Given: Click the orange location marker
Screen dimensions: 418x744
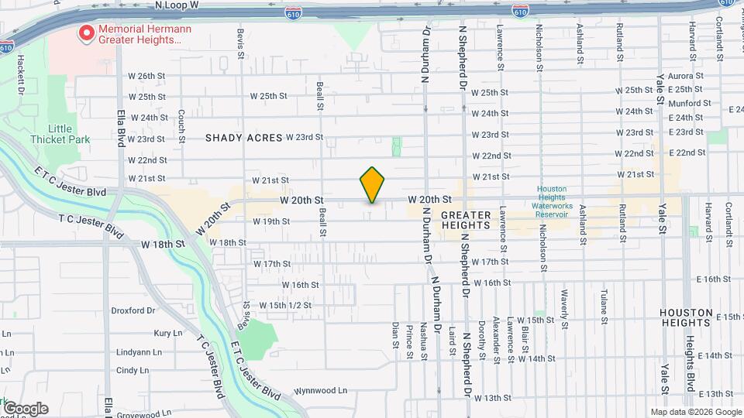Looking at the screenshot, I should tap(372, 185).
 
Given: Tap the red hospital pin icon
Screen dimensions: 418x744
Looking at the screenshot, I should tap(86, 33).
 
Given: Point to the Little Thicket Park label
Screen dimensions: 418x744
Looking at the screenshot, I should tap(60, 134).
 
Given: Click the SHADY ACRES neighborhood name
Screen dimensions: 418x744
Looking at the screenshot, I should tap(243, 138).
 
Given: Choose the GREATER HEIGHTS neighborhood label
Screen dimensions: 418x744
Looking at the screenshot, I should tap(465, 220).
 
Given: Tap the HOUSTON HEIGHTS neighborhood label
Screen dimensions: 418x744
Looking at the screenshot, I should tap(686, 317).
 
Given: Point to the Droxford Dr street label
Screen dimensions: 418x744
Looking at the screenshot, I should tap(133, 311).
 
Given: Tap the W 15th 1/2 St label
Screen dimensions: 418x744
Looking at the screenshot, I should tap(286, 305).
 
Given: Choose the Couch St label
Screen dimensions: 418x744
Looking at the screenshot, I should tap(181, 120).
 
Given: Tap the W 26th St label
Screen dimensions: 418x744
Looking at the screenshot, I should tap(146, 76).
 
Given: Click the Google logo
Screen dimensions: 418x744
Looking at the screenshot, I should tap(25, 409).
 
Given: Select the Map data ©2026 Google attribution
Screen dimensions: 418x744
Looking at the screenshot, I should tap(695, 412).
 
